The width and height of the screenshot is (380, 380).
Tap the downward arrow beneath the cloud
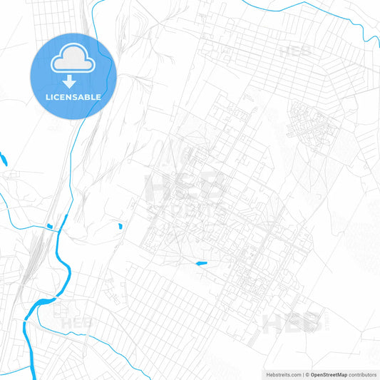coord(73,81)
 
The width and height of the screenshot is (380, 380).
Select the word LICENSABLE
coord(73,96)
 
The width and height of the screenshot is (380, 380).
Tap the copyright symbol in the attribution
coord(307,374)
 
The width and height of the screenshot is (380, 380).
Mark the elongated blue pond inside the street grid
coord(201,264)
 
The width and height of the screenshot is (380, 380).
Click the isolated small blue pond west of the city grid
coord(120,226)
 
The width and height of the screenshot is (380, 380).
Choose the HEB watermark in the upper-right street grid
coord(294,51)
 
